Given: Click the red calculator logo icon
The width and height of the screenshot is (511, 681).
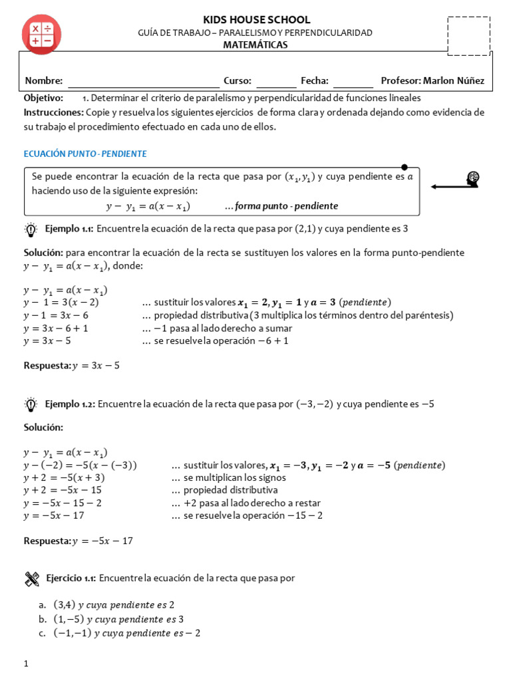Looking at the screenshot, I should click(x=41, y=34).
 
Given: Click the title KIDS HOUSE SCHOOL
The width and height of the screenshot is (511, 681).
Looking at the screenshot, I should click(x=256, y=20).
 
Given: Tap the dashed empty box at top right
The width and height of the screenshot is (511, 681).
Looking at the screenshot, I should click(x=469, y=37).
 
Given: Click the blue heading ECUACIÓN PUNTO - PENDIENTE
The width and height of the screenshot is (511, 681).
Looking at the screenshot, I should click(x=85, y=154).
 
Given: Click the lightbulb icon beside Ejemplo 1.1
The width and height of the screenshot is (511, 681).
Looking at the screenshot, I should click(x=31, y=230).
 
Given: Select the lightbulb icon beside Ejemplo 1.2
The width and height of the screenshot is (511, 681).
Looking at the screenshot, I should click(x=31, y=404).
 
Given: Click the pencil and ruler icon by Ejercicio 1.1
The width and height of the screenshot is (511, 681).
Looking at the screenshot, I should click(x=31, y=579).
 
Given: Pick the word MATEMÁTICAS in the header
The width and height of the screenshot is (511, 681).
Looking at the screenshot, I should click(x=255, y=45).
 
